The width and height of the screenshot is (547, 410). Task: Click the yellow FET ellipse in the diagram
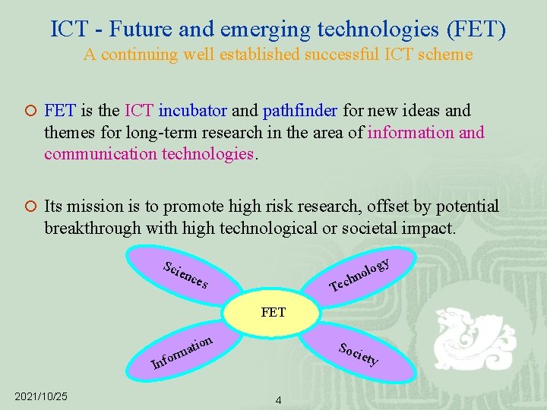(x=273, y=312)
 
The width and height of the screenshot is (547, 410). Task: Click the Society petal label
(x=359, y=354)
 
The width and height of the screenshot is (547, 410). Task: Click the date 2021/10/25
(x=41, y=396)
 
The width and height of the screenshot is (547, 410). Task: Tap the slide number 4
(x=278, y=400)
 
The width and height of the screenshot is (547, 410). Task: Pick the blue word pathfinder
(x=300, y=111)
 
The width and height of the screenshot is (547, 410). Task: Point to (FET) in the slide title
(x=476, y=30)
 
